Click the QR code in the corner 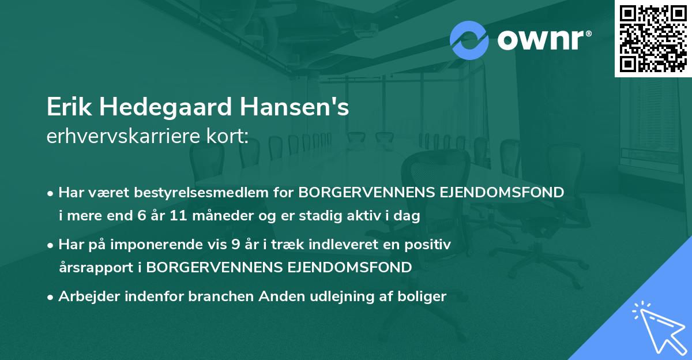652,39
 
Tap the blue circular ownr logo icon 468,40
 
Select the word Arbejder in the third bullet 85,297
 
